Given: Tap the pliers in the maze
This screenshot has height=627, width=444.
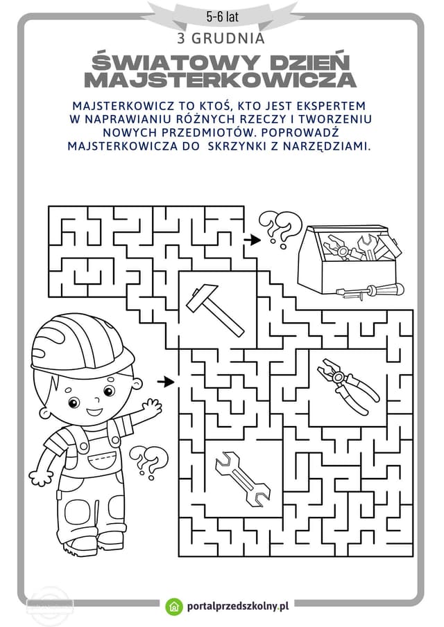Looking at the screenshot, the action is [348, 385].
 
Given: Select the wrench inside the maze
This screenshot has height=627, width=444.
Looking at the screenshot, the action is [243, 479].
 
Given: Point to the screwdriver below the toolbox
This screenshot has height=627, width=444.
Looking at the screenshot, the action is [370, 290].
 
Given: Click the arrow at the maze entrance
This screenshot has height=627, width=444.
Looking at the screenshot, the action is [165, 382].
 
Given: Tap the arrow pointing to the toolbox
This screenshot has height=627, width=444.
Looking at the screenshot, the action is [253, 240].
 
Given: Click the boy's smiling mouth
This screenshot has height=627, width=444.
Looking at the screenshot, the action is [94, 411].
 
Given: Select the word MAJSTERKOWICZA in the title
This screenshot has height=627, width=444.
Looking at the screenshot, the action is [220, 80].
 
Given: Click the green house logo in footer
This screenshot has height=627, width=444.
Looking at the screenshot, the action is [174, 606].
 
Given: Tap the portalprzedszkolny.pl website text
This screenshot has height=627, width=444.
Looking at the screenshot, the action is [238, 606].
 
